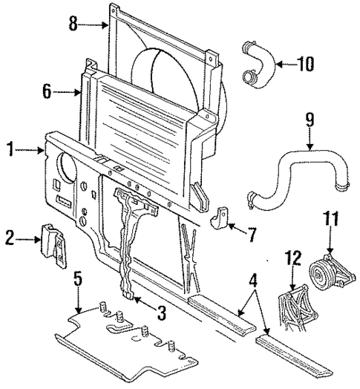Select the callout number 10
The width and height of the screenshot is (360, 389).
[x=307, y=65]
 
